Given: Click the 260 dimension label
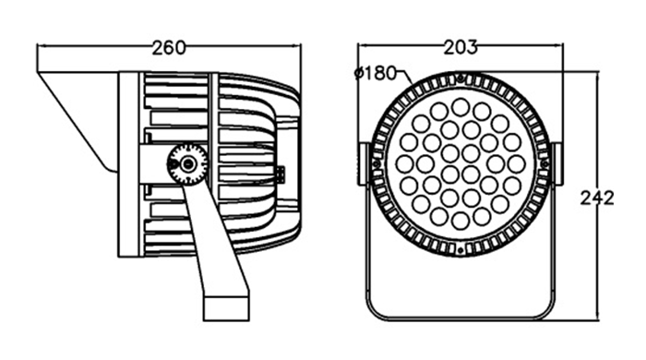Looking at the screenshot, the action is tap(169, 48).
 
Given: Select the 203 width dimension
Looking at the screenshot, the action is tap(461, 47).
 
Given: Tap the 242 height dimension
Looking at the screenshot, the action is tap(597, 198).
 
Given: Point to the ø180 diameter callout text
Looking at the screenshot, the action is tap(376, 73).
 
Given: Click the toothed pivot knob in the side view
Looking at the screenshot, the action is tap(187, 163).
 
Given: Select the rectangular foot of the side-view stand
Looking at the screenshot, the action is tap(226, 306).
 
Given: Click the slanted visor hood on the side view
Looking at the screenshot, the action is tap(78, 123).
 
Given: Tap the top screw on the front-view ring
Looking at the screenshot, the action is tap(461, 77).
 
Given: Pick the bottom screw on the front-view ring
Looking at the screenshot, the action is tap(461, 250).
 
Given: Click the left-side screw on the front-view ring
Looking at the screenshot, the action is tap(376, 164).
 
